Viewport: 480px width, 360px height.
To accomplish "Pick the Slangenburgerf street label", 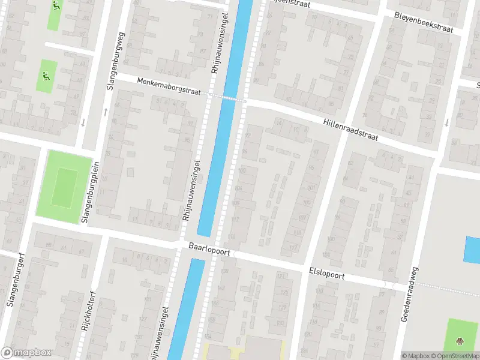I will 16,279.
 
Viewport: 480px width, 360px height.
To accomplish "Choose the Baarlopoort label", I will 209,250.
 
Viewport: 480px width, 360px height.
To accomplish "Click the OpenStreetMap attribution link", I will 453,356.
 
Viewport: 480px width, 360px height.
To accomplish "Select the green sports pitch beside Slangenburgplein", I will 63,186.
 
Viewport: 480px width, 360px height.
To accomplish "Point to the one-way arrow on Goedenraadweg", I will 447,122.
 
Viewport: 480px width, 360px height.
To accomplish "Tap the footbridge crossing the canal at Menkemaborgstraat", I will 227,97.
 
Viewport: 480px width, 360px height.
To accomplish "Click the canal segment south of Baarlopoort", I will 186,306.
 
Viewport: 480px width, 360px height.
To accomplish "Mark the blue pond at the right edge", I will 473,250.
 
